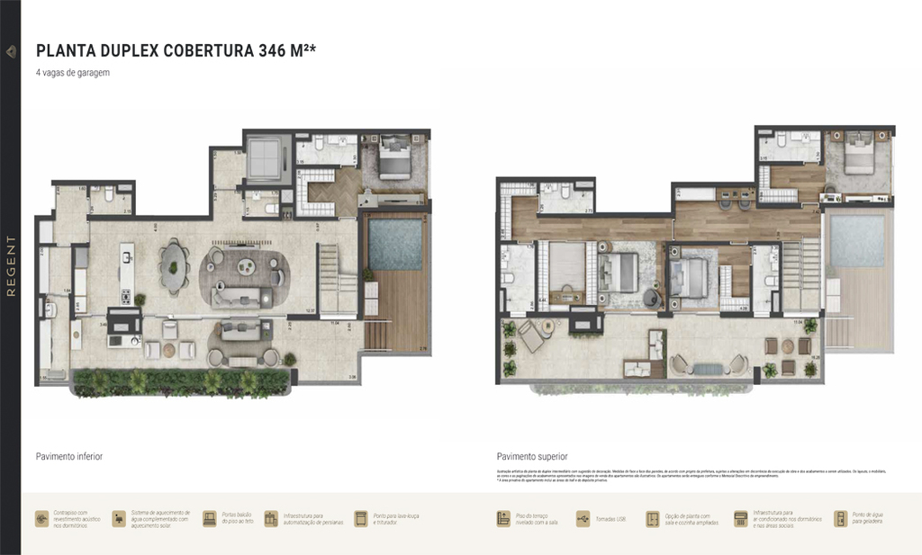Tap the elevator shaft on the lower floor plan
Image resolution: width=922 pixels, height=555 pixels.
267,157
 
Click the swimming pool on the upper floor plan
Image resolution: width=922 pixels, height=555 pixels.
856,241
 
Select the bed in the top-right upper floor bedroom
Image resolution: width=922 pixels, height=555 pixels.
858,152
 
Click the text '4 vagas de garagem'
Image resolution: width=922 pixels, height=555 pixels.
73,73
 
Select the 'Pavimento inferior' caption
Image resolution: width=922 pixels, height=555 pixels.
69,457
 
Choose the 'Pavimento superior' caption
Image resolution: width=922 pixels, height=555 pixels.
532,457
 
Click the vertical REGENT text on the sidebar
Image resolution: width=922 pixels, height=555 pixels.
11,265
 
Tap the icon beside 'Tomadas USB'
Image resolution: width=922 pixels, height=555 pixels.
578,519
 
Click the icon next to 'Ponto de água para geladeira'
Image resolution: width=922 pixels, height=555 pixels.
840,519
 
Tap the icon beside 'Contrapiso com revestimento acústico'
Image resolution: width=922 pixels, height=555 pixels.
41,519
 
